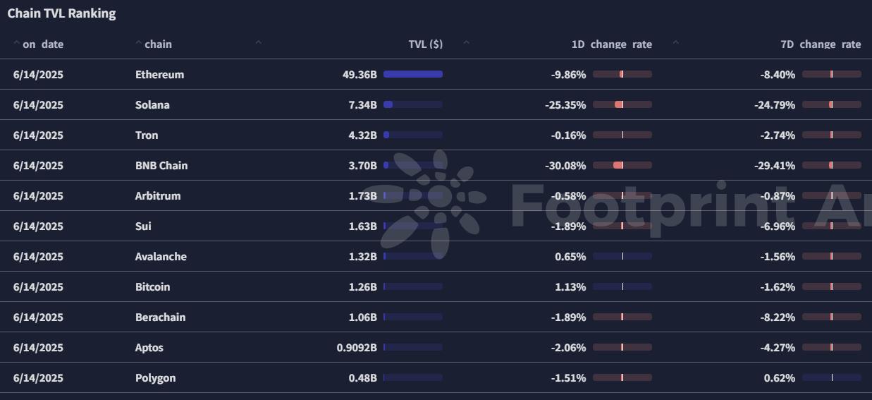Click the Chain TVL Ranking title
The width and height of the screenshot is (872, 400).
61,13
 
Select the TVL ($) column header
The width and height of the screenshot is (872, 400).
426,44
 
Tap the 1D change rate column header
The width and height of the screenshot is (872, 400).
611,44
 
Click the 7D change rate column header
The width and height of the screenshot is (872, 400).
821,44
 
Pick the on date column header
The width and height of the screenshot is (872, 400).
43,44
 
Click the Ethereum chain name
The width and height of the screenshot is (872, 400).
159,75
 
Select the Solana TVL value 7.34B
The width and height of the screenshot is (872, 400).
362,105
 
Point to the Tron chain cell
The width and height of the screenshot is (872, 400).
147,135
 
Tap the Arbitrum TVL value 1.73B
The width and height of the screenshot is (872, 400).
362,196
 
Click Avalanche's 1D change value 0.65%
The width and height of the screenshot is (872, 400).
570,257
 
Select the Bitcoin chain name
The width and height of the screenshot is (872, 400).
152,287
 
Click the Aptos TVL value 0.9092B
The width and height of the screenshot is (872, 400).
357,348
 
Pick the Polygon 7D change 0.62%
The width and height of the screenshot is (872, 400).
780,378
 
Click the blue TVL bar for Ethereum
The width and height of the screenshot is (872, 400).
413,74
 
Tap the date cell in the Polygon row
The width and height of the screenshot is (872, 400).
38,378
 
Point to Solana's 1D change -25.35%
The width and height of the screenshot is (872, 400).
565,105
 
